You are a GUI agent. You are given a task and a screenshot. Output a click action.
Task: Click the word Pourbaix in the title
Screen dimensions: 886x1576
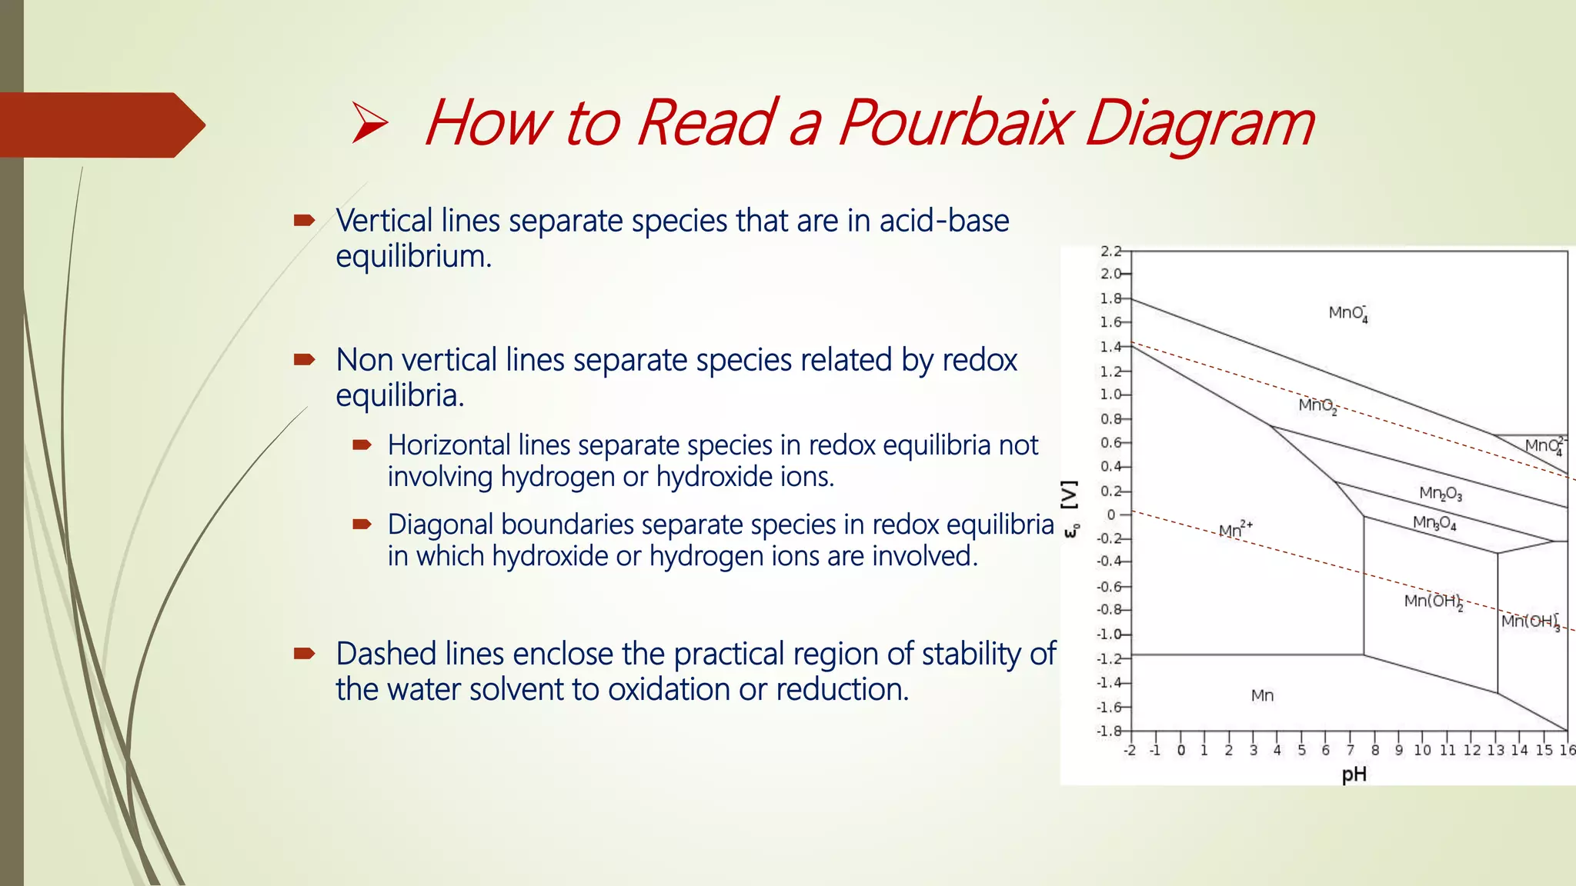(x=953, y=123)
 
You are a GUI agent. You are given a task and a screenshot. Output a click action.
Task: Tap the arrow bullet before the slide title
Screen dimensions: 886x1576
(x=369, y=123)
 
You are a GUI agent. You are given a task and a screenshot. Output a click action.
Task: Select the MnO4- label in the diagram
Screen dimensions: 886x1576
(x=1347, y=313)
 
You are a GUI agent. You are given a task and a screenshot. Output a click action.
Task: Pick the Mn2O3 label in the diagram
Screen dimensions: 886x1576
(x=1440, y=493)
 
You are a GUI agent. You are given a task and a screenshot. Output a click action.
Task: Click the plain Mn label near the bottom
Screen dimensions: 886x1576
(x=1262, y=696)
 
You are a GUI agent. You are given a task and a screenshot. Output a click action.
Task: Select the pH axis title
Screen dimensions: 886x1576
(x=1354, y=774)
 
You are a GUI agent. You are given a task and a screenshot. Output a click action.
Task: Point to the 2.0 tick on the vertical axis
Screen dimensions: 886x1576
(x=1110, y=274)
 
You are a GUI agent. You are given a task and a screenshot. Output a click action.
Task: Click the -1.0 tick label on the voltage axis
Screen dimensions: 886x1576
(x=1109, y=635)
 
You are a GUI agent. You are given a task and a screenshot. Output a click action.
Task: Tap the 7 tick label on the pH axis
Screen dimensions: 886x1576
(x=1351, y=751)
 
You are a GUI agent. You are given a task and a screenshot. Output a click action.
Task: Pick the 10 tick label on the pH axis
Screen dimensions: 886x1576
(x=1422, y=751)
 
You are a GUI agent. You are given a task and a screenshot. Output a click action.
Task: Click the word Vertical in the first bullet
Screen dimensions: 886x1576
(x=384, y=221)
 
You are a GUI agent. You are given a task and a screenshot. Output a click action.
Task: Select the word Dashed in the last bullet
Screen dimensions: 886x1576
(x=387, y=654)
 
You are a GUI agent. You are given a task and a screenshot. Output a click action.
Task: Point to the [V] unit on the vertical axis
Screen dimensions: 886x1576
(x=1070, y=496)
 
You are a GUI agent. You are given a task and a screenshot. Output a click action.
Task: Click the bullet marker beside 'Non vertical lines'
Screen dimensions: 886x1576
(x=304, y=359)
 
